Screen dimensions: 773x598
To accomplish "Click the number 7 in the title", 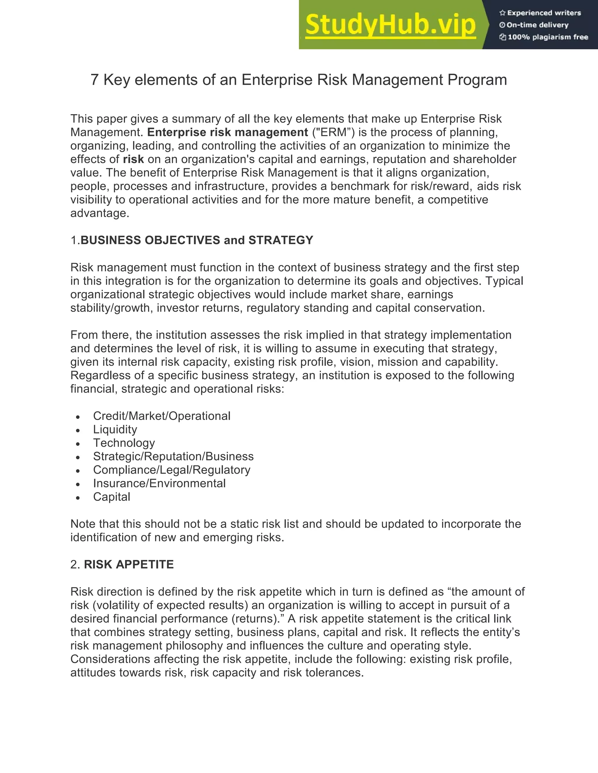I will (x=94, y=80).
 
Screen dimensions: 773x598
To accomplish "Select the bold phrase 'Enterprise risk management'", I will (x=227, y=132).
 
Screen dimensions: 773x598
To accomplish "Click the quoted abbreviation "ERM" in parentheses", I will (x=333, y=132).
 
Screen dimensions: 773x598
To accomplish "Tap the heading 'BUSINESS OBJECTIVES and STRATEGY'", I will (x=197, y=240).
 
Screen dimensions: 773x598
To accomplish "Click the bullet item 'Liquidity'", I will (x=115, y=430).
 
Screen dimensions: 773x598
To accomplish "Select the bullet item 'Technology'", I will (x=124, y=443).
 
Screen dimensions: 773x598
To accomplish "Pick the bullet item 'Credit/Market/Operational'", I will (x=161, y=416).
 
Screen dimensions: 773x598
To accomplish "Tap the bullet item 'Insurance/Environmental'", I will (x=159, y=483).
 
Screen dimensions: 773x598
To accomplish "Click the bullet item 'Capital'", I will (x=112, y=497).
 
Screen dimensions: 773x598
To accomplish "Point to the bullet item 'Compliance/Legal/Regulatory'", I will (x=172, y=470).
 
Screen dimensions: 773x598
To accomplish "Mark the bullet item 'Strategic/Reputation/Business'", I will (x=173, y=457).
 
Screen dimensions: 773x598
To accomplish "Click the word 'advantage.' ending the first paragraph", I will (x=100, y=214).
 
